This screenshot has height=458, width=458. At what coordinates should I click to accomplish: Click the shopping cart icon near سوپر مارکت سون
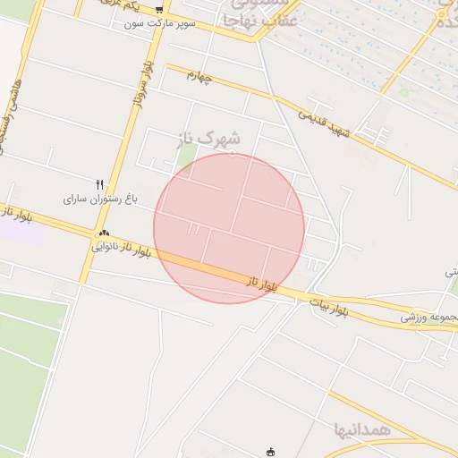point(159,11)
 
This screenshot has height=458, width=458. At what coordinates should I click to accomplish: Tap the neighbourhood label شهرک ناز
point(210,139)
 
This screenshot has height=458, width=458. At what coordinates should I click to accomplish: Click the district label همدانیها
point(362,429)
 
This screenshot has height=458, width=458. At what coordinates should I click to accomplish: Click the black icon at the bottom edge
point(273,453)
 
